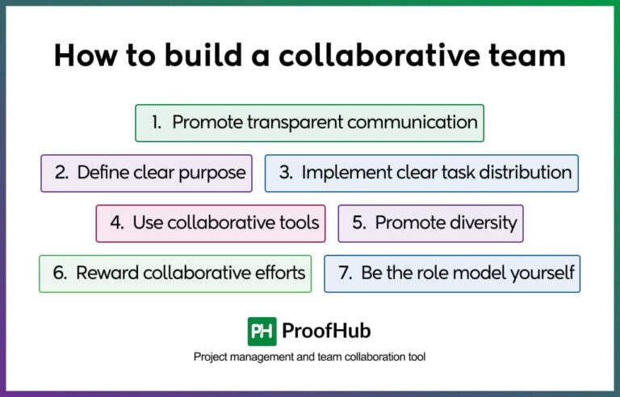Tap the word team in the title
pos(527,56)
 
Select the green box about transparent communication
pos(309,123)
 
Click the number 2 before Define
pos(61,173)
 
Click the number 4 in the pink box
pos(116,223)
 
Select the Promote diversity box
pos(430,223)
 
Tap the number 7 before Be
pos(345,273)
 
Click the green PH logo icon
pos(262,332)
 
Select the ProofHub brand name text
pos(326,332)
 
